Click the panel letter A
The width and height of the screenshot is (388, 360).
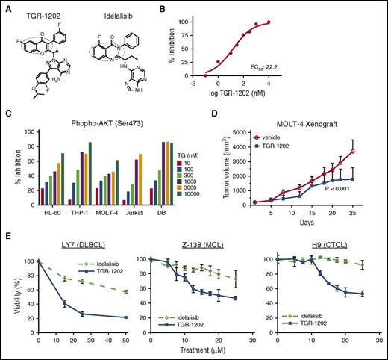(x=7, y=7)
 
